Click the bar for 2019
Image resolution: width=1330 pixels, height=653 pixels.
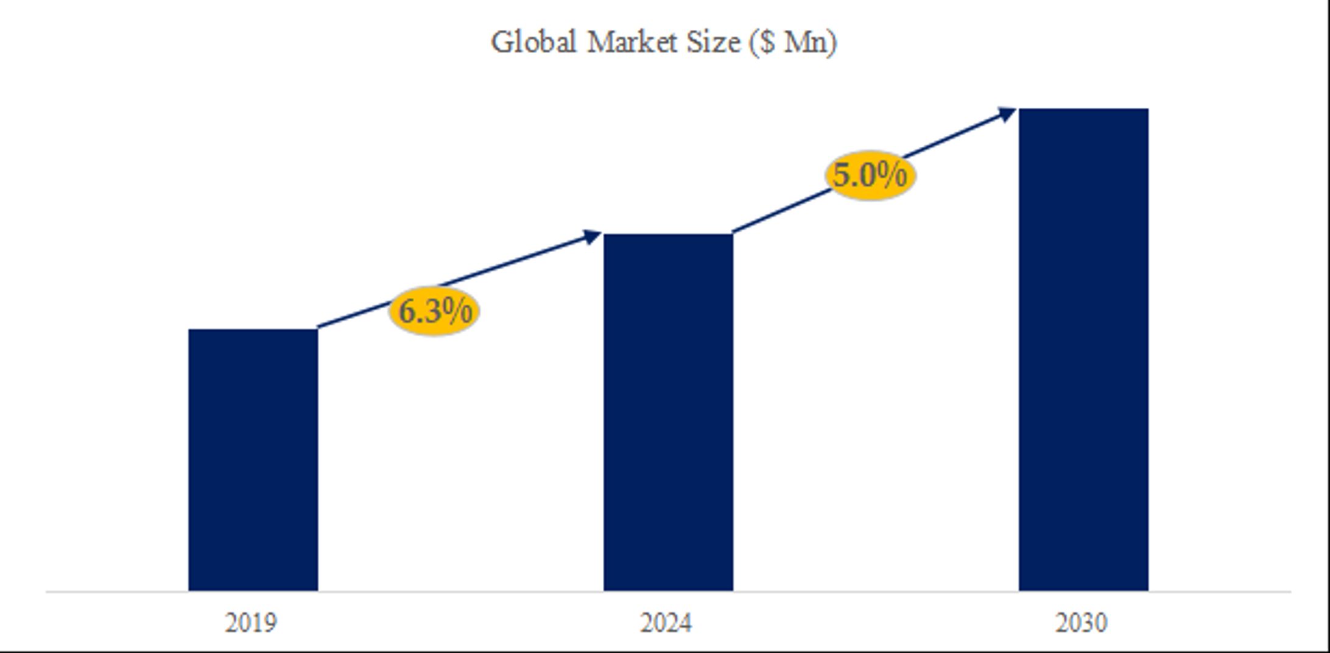pos(253,460)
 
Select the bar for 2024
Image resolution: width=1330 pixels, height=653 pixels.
pos(668,412)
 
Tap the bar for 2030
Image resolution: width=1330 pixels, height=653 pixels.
pos(1083,350)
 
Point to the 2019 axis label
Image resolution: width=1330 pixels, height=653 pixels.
pos(250,623)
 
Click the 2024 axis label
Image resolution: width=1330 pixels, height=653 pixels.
pos(666,623)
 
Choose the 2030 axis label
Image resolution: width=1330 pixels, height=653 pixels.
pos(1081,623)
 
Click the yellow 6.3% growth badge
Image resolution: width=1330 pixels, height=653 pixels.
pos(434,311)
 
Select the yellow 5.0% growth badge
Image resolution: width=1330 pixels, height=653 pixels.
pos(870,175)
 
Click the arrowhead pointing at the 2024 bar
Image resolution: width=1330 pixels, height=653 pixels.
pos(591,236)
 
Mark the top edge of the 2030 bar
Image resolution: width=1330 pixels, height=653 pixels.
pos(1083,110)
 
